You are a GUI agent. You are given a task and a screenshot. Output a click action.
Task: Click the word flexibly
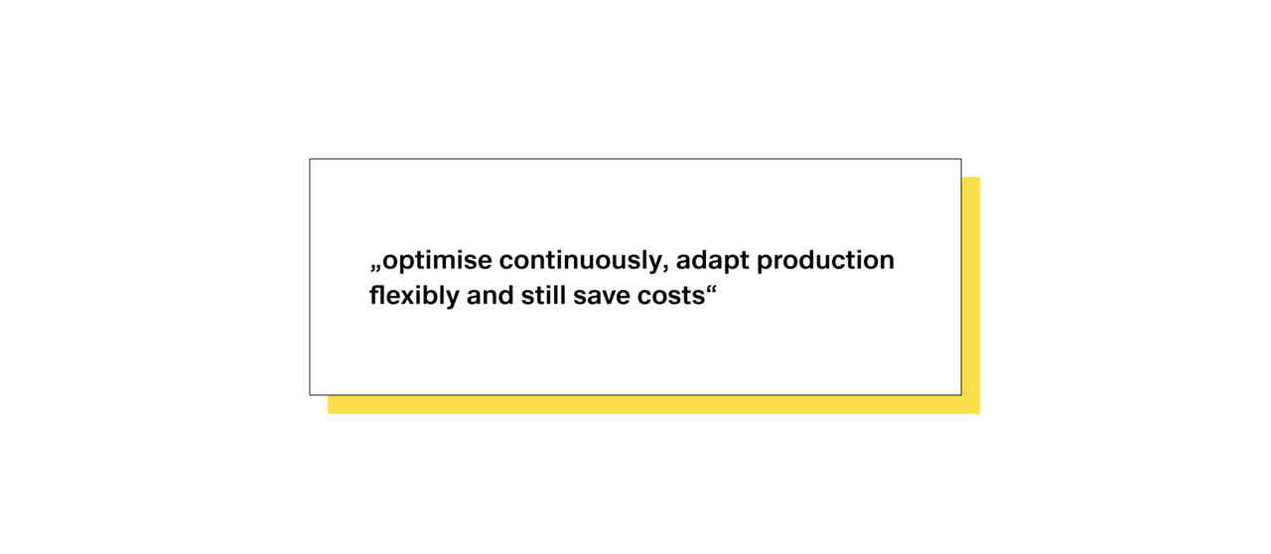pyautogui.click(x=414, y=296)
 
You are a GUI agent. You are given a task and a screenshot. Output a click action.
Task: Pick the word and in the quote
pyautogui.click(x=491, y=295)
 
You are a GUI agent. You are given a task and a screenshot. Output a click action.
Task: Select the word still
pyautogui.click(x=543, y=295)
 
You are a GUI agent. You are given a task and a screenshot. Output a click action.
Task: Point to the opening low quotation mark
pyautogui.click(x=375, y=268)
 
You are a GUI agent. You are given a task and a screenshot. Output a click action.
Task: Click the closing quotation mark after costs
pyautogui.click(x=712, y=291)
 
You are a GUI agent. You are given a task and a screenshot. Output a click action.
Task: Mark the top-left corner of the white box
pyautogui.click(x=310, y=159)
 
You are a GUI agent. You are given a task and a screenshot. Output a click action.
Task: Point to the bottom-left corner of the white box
pyautogui.click(x=310, y=395)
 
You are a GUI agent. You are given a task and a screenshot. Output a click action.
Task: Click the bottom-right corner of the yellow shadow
pyautogui.click(x=980, y=414)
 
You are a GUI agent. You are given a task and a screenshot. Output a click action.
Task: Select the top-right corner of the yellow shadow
pyautogui.click(x=980, y=177)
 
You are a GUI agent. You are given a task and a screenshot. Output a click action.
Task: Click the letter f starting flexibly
pyautogui.click(x=374, y=295)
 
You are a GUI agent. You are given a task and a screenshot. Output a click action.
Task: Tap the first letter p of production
pyautogui.click(x=765, y=264)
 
